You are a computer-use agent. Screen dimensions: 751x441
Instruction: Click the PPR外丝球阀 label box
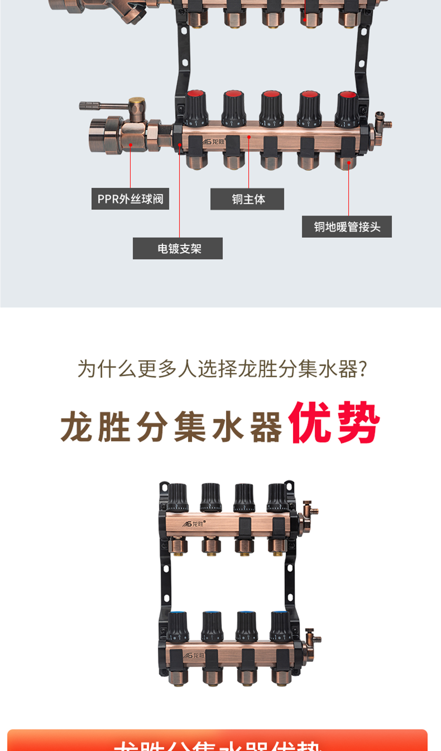click(x=130, y=199)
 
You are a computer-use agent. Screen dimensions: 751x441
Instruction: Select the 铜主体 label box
click(x=247, y=199)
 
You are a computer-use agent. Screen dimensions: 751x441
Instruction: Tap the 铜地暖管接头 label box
click(x=347, y=227)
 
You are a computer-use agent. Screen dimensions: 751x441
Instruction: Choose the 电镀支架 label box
click(x=178, y=249)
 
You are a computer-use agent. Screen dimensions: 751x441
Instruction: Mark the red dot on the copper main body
click(x=249, y=137)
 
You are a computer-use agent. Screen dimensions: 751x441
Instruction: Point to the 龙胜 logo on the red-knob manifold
click(x=214, y=142)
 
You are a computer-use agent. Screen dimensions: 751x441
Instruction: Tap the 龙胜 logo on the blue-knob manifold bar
click(x=194, y=655)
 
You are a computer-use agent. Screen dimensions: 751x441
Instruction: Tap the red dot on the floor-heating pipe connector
click(x=349, y=163)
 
